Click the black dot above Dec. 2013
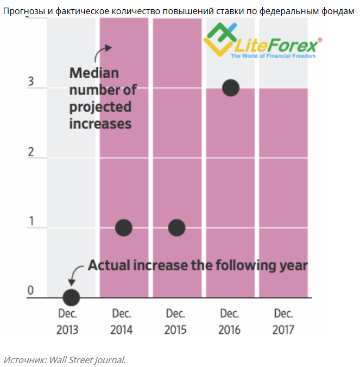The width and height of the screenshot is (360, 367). coord(71,298)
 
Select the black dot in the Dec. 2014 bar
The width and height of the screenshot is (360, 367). coord(124,227)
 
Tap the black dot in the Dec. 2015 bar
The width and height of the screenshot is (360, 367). coord(177,227)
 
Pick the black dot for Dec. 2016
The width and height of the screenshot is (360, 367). coord(231,87)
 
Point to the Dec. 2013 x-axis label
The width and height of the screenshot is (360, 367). coord(68,321)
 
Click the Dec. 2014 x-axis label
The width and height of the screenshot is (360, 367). coord(122,321)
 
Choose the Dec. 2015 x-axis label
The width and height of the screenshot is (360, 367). coord(175,321)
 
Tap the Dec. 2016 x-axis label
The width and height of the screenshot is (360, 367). coord(229,321)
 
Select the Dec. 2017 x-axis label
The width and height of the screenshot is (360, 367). coord(283,321)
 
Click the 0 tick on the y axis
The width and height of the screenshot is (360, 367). coord(31,291)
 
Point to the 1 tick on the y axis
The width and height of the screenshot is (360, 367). coord(31,221)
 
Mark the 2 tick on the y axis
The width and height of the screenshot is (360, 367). coord(31,151)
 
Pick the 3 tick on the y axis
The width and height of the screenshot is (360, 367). coord(31,82)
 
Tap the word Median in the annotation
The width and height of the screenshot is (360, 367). coord(94,73)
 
